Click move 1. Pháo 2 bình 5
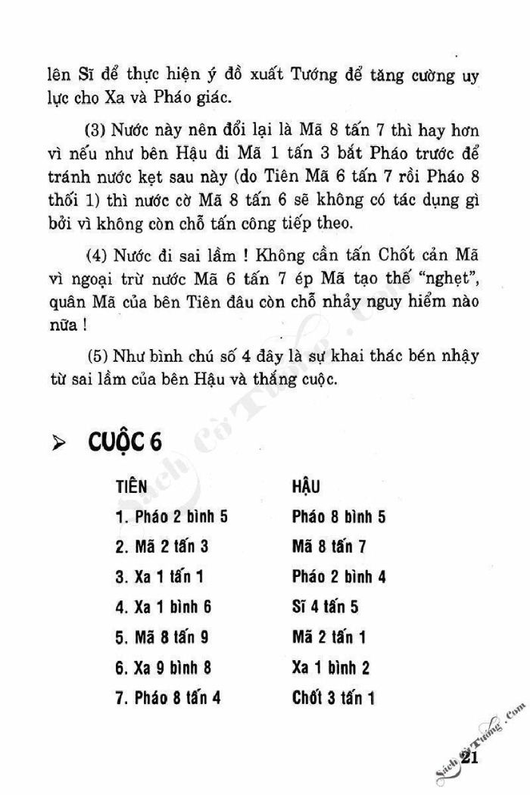[172, 518]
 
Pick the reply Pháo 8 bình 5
[338, 518]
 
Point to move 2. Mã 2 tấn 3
[162, 547]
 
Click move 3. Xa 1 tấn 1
[160, 577]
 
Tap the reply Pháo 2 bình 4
[338, 577]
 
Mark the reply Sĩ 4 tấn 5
[325, 607]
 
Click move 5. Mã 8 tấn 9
[162, 638]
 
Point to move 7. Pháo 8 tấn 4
[168, 697]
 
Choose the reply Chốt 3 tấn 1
[333, 697]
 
